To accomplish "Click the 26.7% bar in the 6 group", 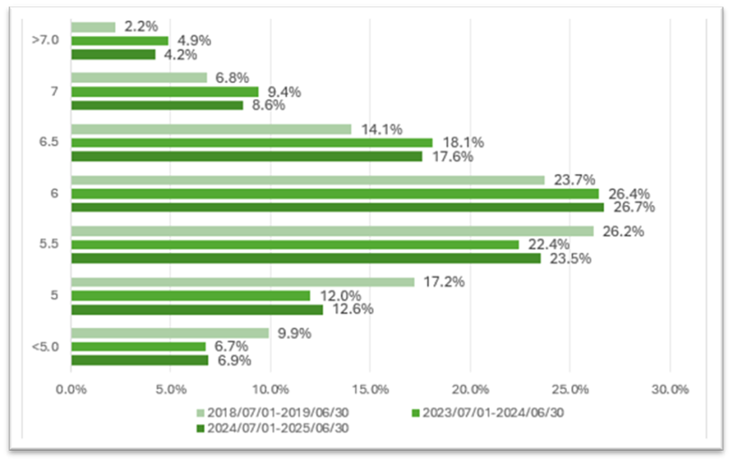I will point(337,207).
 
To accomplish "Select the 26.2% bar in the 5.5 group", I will point(332,231).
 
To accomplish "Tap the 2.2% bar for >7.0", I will point(93,27).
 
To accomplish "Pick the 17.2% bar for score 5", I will point(242,281).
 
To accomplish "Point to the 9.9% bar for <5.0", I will point(169,333).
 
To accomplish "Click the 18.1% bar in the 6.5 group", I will point(252,142).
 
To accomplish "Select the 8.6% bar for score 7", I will point(157,105).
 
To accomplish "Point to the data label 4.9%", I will point(195,41).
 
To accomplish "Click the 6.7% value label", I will point(232,347).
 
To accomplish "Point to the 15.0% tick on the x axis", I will point(370,390).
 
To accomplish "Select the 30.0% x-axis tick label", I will point(669,390).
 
